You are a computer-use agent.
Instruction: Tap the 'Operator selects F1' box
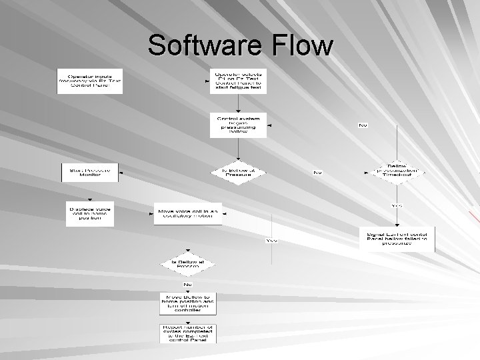click(238, 81)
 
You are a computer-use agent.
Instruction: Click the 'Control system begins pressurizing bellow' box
click(238, 125)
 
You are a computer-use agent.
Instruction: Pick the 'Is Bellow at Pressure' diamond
click(238, 171)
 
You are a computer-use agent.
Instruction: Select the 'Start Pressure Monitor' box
click(90, 172)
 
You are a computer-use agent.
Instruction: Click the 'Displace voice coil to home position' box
click(89, 213)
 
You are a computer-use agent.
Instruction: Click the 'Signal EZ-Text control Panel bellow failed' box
click(397, 239)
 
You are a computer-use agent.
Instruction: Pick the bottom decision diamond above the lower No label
click(187, 265)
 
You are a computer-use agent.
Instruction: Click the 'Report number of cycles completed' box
click(187, 332)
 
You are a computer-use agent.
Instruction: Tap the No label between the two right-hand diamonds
click(317, 172)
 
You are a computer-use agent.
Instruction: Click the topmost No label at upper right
click(363, 125)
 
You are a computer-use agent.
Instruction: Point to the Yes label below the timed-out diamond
click(397, 205)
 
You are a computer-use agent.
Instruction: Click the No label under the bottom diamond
click(187, 285)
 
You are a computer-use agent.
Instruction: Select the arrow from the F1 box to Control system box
click(238, 104)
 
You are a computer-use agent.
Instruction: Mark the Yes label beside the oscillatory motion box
click(271, 240)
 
